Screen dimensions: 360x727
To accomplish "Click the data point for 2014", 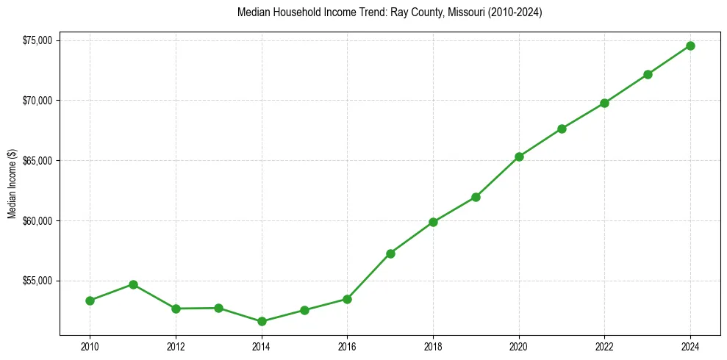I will click(261, 321).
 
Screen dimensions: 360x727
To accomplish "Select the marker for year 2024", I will click(690, 46).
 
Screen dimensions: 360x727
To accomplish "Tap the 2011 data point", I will click(133, 284).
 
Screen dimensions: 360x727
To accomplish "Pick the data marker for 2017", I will click(390, 253).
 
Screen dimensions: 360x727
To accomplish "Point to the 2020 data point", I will click(519, 156).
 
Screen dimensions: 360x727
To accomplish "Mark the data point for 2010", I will click(90, 300).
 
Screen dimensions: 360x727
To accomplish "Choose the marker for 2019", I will click(476, 197).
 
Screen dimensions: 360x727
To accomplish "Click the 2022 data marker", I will click(604, 103).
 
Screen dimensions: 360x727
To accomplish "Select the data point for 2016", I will click(347, 299).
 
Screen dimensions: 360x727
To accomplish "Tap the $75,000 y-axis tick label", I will click(37, 40).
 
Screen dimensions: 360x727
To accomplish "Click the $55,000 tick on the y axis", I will click(37, 281).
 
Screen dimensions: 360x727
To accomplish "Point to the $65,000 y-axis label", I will click(37, 161).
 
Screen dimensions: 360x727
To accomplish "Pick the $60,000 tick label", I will click(37, 221).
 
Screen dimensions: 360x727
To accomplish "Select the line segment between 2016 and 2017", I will click(369, 276).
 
